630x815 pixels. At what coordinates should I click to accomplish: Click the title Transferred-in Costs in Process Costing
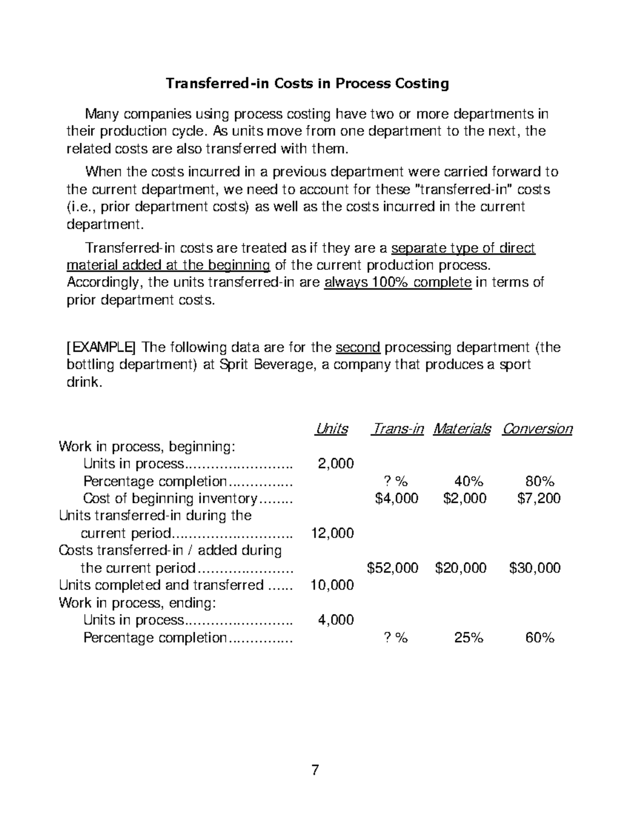307,84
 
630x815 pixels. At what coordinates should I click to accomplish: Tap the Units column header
331,429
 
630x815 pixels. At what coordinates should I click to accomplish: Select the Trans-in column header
397,429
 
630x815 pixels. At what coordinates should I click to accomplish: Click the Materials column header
462,429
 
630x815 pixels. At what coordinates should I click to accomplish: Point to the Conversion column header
537,429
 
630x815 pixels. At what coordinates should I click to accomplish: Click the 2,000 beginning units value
336,463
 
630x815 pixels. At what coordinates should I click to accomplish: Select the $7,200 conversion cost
539,498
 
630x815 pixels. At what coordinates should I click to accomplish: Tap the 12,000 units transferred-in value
332,533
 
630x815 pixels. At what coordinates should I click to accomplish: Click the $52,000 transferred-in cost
393,568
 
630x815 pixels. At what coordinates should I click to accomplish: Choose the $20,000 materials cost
461,568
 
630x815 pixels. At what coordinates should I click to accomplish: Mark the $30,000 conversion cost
535,568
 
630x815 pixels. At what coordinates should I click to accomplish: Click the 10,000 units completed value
332,585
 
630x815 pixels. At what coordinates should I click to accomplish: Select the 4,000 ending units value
336,620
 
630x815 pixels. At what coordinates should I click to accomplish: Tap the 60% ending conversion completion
540,638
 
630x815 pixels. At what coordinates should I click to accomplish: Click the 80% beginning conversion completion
540,481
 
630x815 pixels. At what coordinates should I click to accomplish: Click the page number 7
315,770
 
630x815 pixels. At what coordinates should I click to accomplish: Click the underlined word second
358,347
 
